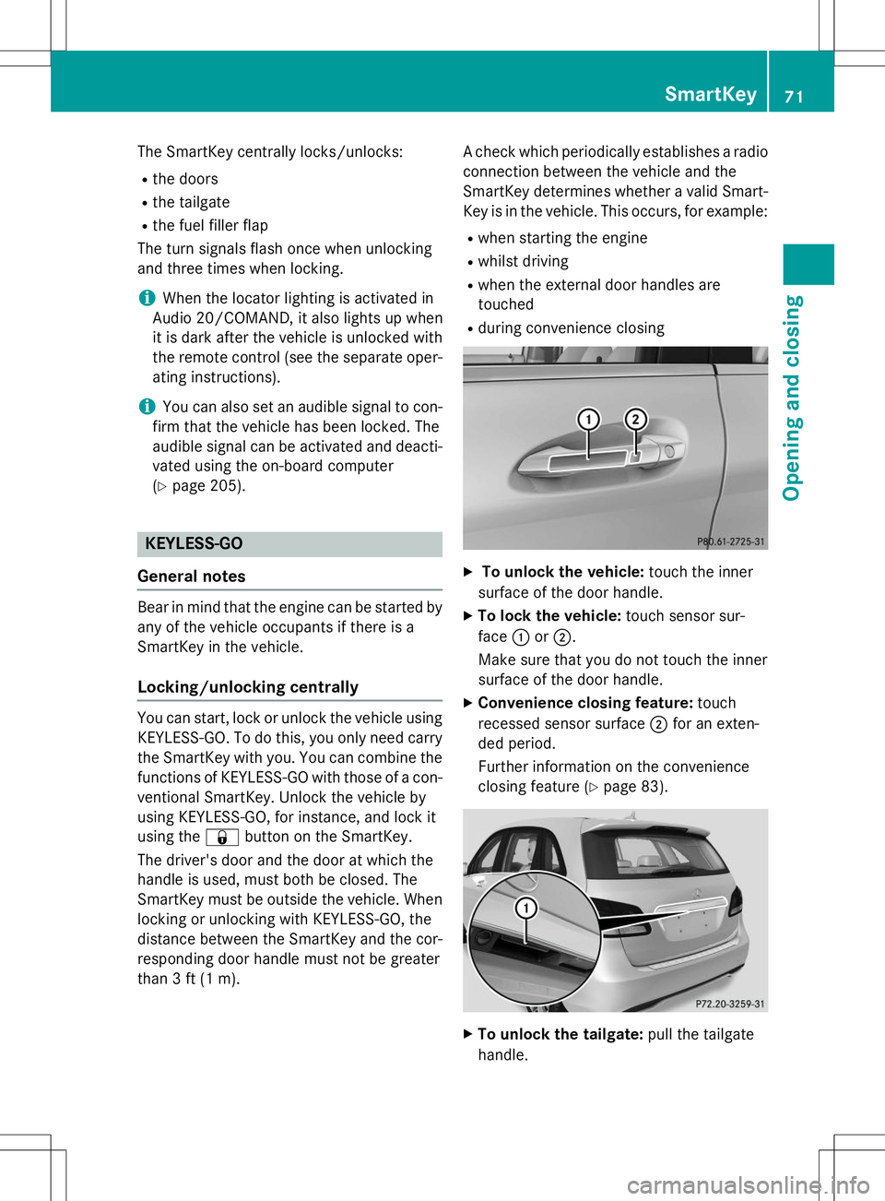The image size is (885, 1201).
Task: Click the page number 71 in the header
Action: click(x=794, y=96)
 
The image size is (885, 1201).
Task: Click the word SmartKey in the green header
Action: click(x=710, y=94)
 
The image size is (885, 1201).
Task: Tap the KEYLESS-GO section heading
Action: click(x=194, y=544)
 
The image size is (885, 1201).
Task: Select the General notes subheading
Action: click(x=192, y=577)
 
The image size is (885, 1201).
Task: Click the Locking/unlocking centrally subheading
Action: click(x=248, y=687)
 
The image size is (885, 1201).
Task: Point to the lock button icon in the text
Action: click(x=222, y=838)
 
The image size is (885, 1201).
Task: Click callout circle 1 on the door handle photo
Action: click(x=588, y=420)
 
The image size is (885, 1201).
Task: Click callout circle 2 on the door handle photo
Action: click(x=635, y=420)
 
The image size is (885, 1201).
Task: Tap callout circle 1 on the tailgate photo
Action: click(x=525, y=909)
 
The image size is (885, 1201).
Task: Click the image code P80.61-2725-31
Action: click(x=730, y=541)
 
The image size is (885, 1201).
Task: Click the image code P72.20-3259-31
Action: click(x=729, y=1004)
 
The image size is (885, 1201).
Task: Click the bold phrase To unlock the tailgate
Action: click(x=560, y=1035)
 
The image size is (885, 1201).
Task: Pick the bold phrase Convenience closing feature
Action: click(x=585, y=703)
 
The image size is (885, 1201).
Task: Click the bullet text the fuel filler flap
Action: click(x=210, y=225)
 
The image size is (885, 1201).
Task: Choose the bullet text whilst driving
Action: click(x=523, y=261)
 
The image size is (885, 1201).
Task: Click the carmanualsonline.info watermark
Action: click(x=748, y=1184)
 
